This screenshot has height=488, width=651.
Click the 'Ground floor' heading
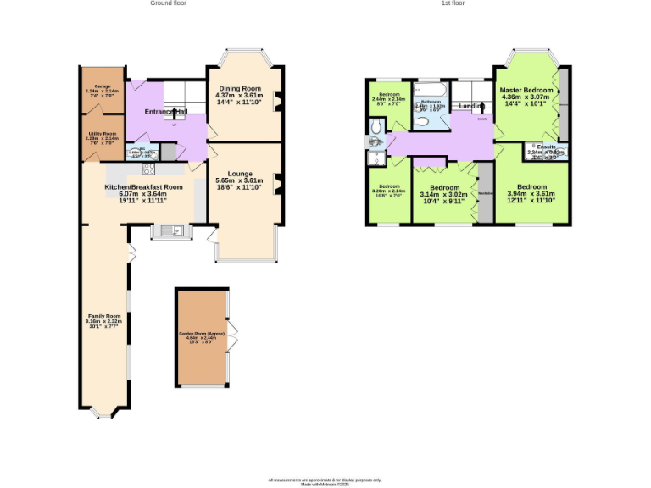(168, 3)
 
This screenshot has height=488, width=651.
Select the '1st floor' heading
(453, 3)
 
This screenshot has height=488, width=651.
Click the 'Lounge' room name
(241, 174)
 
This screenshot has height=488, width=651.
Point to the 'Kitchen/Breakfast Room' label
(143, 186)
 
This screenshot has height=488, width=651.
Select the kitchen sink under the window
(167, 230)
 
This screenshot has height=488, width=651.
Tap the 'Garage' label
(102, 86)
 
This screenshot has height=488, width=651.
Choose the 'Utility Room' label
(103, 133)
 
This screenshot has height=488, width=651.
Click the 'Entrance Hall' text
(165, 112)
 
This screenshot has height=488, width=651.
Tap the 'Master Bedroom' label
(526, 90)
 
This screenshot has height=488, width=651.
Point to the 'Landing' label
(471, 106)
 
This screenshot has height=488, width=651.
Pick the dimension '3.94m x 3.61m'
(531, 194)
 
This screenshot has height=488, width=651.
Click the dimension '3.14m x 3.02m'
(444, 195)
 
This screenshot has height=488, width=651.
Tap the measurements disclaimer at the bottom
(325, 480)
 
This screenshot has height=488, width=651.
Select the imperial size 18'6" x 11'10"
(241, 187)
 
